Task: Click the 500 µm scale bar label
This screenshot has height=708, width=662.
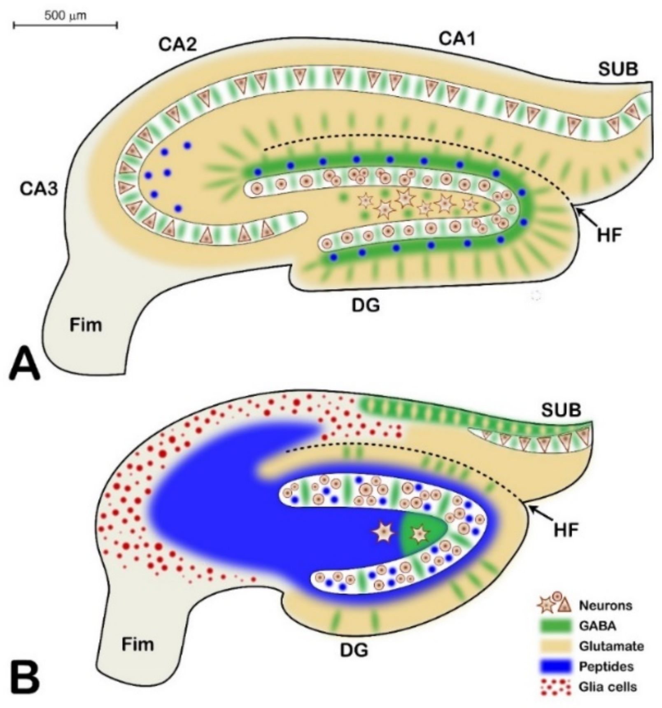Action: click(x=65, y=16)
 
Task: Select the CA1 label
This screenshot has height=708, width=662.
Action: click(x=457, y=39)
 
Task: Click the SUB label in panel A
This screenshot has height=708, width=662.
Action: click(x=618, y=70)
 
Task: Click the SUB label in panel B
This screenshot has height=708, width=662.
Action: click(x=561, y=410)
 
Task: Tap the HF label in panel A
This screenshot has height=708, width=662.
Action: click(x=609, y=236)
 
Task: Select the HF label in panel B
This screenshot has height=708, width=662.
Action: click(x=565, y=531)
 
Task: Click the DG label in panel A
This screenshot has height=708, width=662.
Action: click(x=366, y=306)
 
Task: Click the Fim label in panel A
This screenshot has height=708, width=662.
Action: click(x=86, y=325)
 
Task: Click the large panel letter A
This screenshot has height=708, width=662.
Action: click(x=25, y=365)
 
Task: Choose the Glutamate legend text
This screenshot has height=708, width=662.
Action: click(x=611, y=646)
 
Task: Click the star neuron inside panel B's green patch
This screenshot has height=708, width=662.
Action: click(x=420, y=534)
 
